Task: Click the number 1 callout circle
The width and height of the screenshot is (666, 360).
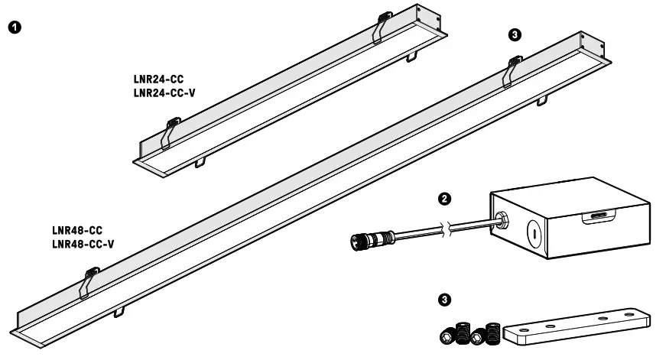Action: [15, 28]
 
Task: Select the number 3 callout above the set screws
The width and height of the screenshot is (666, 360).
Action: [444, 299]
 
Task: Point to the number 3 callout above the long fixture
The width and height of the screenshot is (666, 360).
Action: [515, 35]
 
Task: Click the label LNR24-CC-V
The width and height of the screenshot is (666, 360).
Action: [164, 93]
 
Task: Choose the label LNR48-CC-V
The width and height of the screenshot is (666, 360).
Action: [83, 244]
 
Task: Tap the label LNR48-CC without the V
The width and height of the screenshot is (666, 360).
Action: [76, 230]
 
